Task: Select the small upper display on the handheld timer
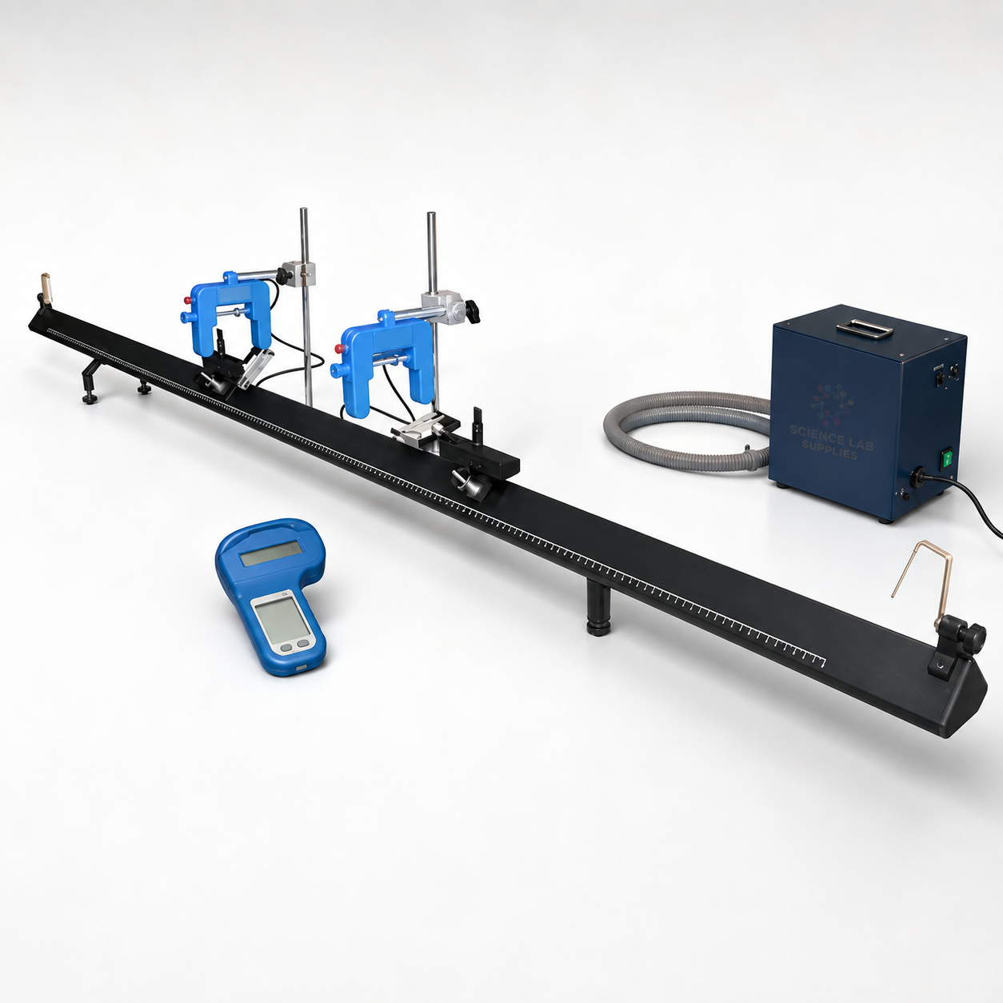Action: pyautogui.click(x=272, y=553)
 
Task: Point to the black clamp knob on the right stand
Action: pyautogui.click(x=473, y=313)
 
